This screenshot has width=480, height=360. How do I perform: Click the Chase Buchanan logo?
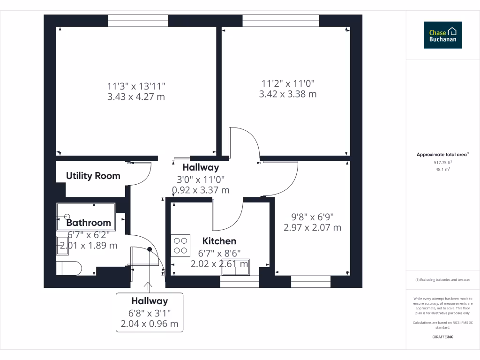click(x=442, y=35)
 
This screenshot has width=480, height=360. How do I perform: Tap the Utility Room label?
click(x=93, y=176)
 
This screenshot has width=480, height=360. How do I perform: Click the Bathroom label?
click(x=89, y=223)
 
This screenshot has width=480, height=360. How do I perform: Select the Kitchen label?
click(x=219, y=241)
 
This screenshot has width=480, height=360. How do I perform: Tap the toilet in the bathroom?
click(x=69, y=268)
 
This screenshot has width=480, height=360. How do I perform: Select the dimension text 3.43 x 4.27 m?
click(x=136, y=97)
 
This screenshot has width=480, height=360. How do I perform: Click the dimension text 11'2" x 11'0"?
click(x=287, y=83)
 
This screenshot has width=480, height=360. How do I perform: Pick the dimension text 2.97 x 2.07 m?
click(x=312, y=228)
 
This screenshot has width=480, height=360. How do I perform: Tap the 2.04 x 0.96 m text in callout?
click(x=149, y=323)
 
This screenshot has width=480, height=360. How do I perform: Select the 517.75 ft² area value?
click(x=443, y=162)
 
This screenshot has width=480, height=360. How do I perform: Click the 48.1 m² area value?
click(x=443, y=169)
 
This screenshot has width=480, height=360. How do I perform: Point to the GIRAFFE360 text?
click(x=443, y=337)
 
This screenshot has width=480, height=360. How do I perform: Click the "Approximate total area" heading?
click(x=442, y=154)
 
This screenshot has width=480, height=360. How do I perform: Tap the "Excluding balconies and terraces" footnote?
click(x=443, y=280)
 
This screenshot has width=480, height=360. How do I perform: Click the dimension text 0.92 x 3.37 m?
click(x=201, y=190)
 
